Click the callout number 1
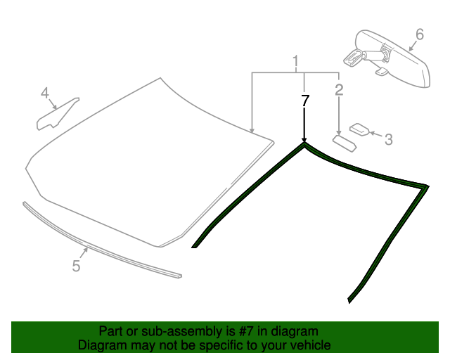(295, 62)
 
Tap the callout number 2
(339, 89)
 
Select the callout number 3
(388, 139)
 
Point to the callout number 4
(45, 93)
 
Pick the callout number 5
(76, 266)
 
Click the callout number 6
(420, 34)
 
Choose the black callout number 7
(304, 101)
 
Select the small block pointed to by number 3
(359, 129)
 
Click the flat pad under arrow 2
(345, 143)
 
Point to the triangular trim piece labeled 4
(56, 115)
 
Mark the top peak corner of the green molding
(304, 143)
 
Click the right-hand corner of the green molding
(427, 186)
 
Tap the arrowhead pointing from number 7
(304, 140)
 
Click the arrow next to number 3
(375, 134)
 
